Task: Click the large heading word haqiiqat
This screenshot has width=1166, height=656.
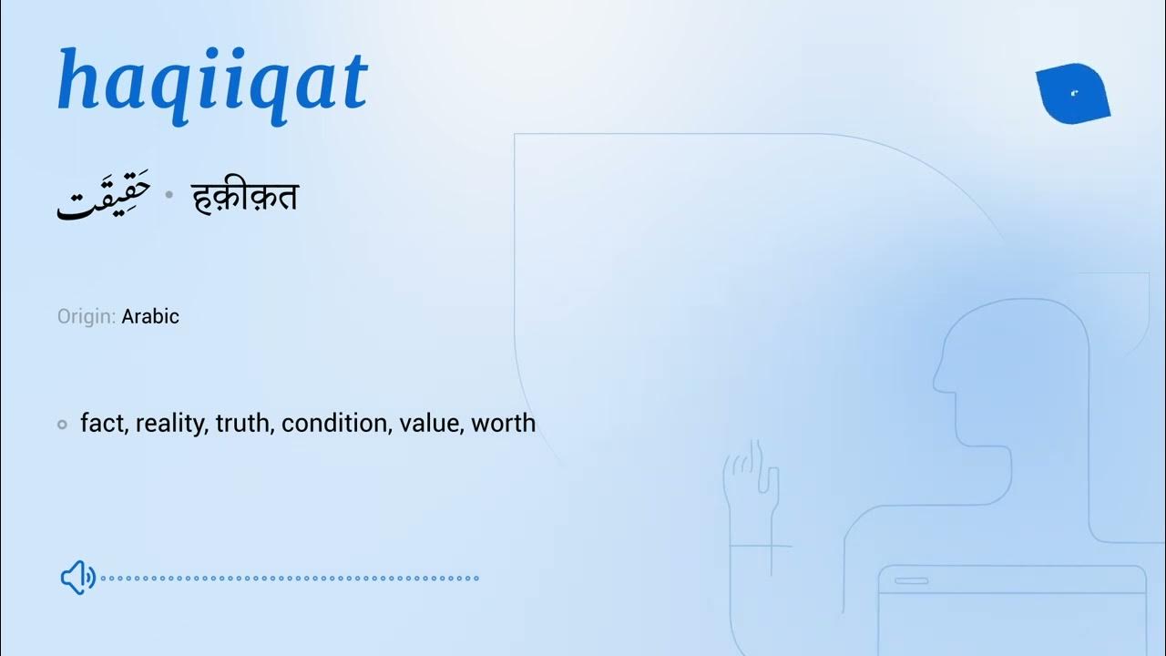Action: [211, 82]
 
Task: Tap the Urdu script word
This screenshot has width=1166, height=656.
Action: [103, 199]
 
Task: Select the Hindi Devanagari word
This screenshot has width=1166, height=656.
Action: [245, 198]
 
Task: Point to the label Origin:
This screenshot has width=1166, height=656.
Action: [87, 317]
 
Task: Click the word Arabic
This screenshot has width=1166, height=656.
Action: [150, 317]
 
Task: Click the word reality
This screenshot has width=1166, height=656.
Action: [170, 424]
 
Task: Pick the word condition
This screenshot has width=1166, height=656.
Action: [335, 424]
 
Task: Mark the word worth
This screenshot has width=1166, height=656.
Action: [503, 424]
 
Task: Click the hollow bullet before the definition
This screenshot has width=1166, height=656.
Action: [62, 424]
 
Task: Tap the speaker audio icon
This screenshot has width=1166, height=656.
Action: [77, 577]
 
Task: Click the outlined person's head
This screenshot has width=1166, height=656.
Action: [1011, 364]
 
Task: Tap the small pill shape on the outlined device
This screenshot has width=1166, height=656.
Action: [911, 580]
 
